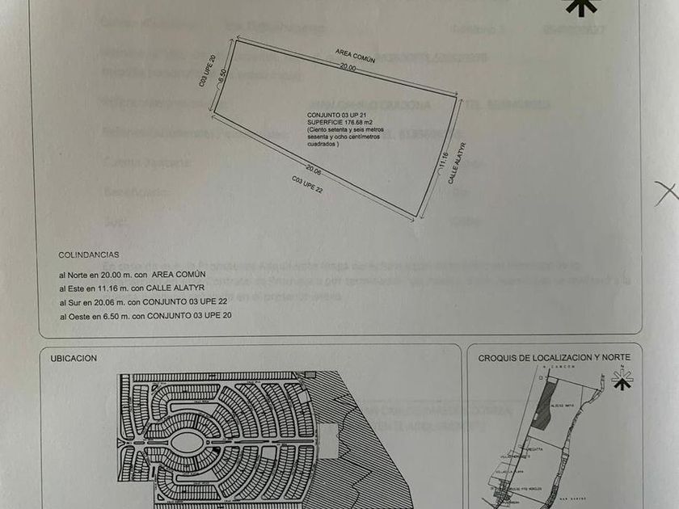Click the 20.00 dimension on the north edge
(x=347, y=69)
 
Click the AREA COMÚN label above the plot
(x=352, y=57)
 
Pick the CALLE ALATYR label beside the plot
(x=458, y=164)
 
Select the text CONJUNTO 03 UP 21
(x=331, y=116)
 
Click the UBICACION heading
(x=74, y=357)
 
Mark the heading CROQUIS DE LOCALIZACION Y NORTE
(x=554, y=357)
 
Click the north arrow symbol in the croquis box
(x=622, y=379)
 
